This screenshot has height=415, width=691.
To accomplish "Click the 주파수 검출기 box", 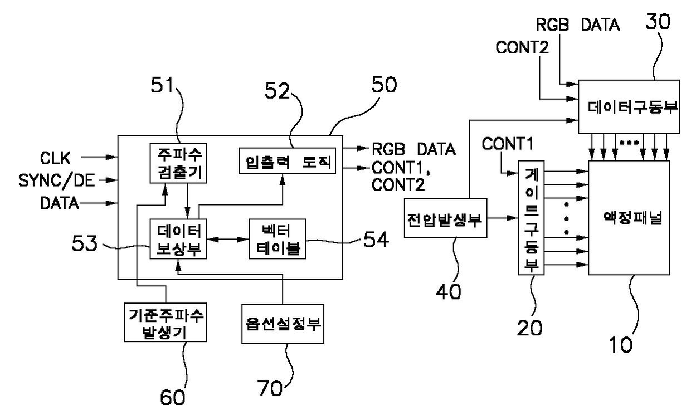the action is (178, 163).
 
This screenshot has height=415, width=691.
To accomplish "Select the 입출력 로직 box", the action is (287, 161).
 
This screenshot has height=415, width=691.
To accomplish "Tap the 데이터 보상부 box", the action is (178, 238).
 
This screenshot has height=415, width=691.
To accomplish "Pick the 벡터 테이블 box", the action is (278, 238).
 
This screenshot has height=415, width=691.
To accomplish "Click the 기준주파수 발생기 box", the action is (166, 322).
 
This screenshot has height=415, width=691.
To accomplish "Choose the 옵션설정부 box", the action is (283, 324).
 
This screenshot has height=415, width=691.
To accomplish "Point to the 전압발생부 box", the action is (445, 218).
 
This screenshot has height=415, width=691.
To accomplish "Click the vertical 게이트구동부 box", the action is (531, 218).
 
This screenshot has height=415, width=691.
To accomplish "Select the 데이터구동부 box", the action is (629, 107).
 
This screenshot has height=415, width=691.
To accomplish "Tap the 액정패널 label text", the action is (632, 218).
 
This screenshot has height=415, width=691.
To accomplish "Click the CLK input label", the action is (55, 158).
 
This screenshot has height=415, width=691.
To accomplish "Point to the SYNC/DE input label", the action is (56, 180).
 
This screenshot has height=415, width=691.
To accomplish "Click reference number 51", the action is (162, 85).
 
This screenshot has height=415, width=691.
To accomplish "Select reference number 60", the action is (172, 397).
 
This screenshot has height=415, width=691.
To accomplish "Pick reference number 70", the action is (270, 388).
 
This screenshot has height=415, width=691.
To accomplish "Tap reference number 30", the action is (658, 22).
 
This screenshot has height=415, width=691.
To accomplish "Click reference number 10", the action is (621, 345).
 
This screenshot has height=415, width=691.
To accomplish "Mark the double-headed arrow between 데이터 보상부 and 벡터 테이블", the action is (228, 240).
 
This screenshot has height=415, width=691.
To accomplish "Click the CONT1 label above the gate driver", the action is (508, 144).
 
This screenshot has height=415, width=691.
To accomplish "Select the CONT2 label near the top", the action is (522, 48).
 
